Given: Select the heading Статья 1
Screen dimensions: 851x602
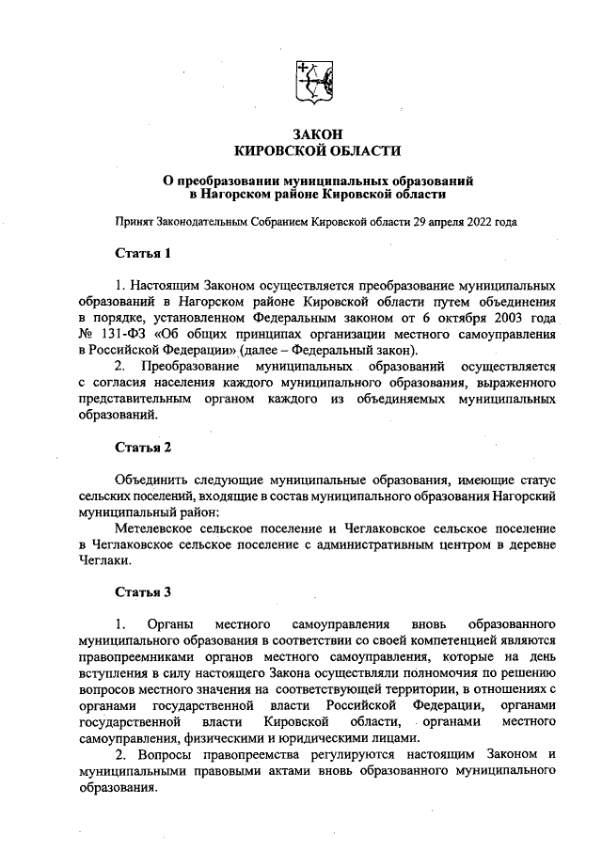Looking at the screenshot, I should [x=143, y=253].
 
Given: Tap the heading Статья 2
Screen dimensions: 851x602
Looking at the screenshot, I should [x=143, y=447].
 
